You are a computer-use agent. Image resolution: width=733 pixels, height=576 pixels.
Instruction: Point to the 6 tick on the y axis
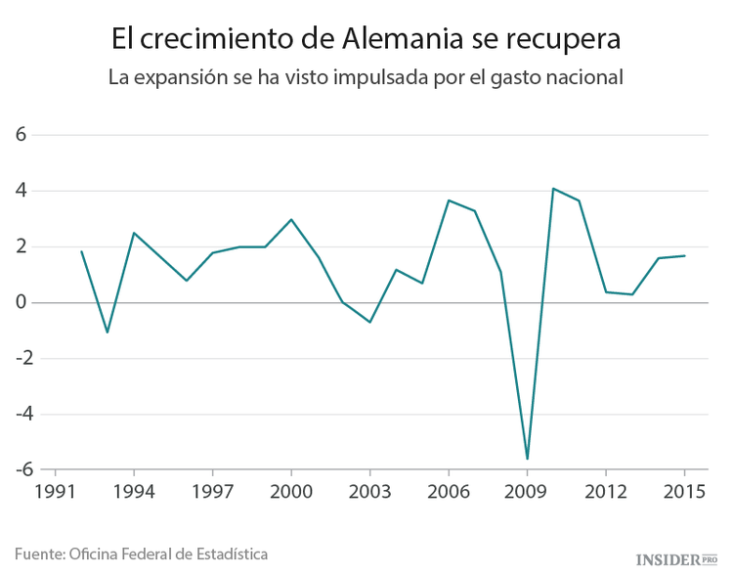tap(20, 135)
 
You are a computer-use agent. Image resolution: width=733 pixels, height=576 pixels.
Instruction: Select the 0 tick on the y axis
tap(20, 302)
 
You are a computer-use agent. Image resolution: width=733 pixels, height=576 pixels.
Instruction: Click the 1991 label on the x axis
tap(56, 492)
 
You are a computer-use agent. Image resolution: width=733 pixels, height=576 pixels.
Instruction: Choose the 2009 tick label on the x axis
tap(527, 492)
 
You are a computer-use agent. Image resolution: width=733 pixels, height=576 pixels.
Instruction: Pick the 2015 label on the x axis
tap(683, 492)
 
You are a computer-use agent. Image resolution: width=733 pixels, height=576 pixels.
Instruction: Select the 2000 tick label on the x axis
tap(291, 492)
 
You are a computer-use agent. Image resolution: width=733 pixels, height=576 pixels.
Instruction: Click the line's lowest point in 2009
tap(527, 459)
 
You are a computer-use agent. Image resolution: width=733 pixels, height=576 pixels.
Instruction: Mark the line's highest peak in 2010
tap(553, 189)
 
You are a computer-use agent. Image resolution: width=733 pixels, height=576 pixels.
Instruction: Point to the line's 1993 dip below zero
tap(108, 332)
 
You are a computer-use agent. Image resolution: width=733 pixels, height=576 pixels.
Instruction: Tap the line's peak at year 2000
tap(291, 219)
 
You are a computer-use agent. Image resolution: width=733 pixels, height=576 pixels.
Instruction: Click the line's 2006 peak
tap(448, 200)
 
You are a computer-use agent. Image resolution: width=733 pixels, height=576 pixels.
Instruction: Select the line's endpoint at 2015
tap(684, 256)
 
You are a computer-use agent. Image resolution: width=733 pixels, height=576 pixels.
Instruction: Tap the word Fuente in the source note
tap(38, 554)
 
